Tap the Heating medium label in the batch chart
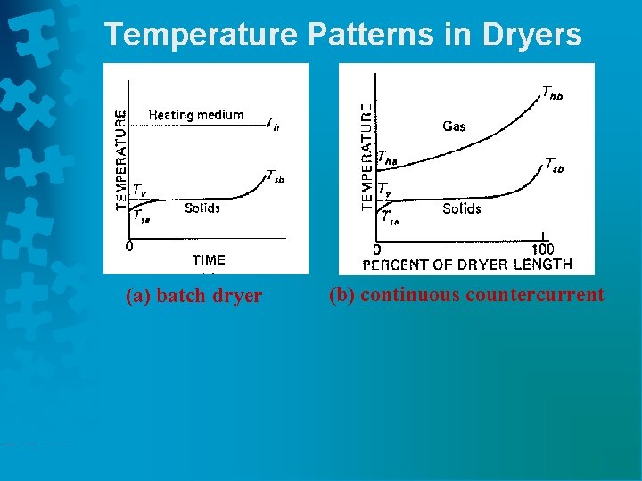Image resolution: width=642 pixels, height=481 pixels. coord(195,115)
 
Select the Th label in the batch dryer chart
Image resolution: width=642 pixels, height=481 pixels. coord(272,126)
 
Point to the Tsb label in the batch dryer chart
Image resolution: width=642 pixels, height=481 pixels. coord(276,176)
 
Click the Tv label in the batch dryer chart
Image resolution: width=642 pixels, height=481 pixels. coord(140,190)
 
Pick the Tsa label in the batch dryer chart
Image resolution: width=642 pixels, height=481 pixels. coord(141,215)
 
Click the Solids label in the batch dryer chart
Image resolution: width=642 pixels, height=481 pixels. coord(202,208)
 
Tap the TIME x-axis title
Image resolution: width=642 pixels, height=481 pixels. coord(209,260)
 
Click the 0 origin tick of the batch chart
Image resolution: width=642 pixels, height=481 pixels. coord(129,247)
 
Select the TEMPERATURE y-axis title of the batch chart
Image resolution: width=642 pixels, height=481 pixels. coord(120,160)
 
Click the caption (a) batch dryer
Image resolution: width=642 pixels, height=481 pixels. coord(193,296)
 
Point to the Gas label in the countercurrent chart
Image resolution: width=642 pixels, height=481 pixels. coord(454,126)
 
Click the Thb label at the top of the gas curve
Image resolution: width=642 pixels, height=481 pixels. coord(553,91)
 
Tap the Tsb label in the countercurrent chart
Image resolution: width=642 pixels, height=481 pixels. coord(554,166)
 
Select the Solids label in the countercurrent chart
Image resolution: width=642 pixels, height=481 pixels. coord(461,208)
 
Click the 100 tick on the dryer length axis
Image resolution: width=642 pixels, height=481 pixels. coord(542,249)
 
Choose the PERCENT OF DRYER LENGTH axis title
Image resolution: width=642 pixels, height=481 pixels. coord(466,264)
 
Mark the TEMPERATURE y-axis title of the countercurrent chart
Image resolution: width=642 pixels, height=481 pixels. coord(366,156)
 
